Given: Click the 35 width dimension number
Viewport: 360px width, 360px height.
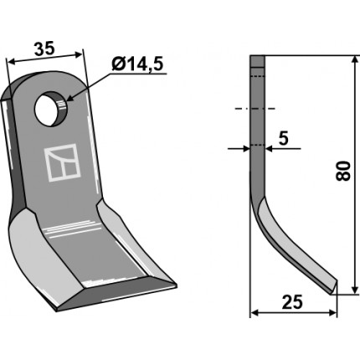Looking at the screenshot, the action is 44,49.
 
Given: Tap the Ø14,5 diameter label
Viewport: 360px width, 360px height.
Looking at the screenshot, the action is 137,65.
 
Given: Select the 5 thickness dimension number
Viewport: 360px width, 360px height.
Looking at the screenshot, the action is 283,138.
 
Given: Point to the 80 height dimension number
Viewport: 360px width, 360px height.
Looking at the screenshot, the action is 343,171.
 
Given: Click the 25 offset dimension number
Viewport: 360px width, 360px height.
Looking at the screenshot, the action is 292,302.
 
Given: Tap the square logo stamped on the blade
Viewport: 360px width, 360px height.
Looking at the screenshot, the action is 63,162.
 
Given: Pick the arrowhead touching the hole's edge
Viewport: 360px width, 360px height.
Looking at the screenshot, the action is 71,97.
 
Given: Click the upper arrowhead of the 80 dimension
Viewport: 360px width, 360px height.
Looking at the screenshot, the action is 355,61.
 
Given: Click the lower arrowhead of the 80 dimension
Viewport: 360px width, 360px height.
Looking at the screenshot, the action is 355,289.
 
